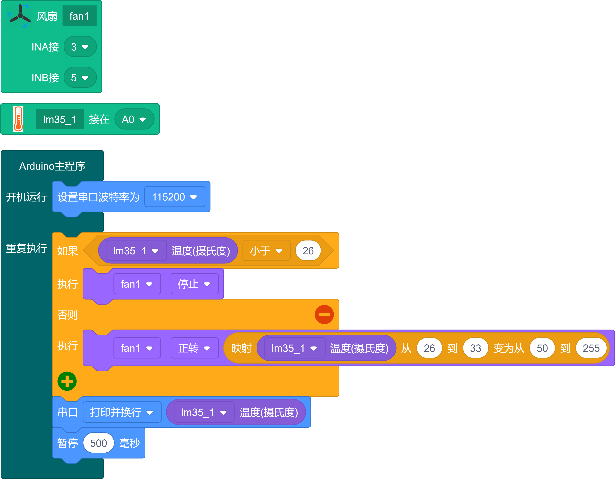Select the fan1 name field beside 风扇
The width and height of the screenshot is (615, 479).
click(x=79, y=16)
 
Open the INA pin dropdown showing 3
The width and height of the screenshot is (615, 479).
click(x=80, y=47)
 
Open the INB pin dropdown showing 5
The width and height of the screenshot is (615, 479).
click(x=80, y=77)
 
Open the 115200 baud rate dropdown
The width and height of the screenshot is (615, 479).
click(x=174, y=197)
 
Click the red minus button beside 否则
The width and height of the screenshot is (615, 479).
click(x=324, y=315)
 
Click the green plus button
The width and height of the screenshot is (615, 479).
click(x=67, y=381)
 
